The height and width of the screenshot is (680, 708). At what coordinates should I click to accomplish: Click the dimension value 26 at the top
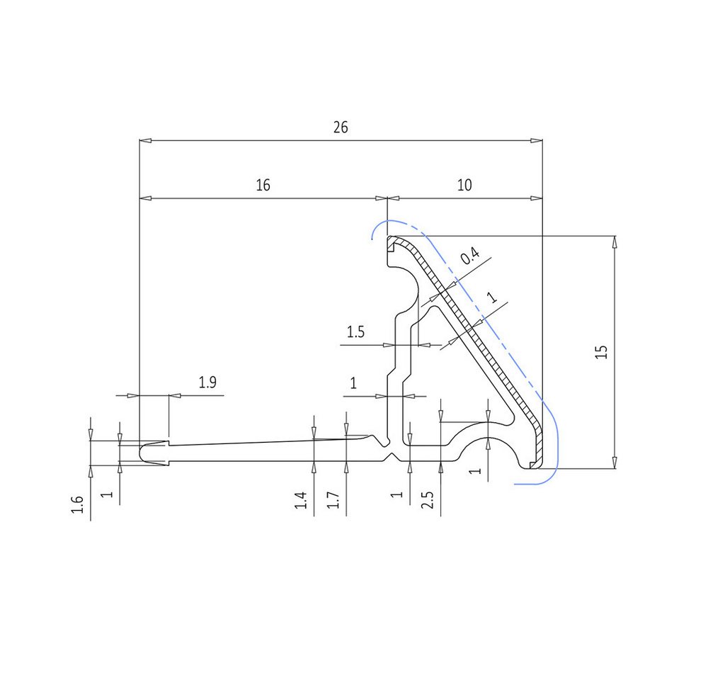click(x=341, y=127)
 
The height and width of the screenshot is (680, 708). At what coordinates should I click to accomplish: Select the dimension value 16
click(x=263, y=186)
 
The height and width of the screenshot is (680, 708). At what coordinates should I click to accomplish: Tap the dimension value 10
click(x=464, y=186)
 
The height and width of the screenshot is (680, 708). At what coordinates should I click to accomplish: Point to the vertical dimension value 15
click(x=601, y=352)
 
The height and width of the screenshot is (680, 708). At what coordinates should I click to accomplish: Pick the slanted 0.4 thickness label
click(x=470, y=256)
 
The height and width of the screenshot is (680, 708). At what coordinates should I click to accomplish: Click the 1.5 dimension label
click(x=355, y=332)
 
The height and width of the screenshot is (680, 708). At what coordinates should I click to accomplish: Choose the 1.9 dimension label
click(x=207, y=382)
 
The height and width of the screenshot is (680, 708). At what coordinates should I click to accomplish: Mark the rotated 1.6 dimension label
click(x=77, y=505)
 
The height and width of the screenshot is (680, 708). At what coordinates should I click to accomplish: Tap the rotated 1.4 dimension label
click(x=301, y=501)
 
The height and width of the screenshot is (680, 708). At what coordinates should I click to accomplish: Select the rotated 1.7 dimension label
click(x=333, y=500)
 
